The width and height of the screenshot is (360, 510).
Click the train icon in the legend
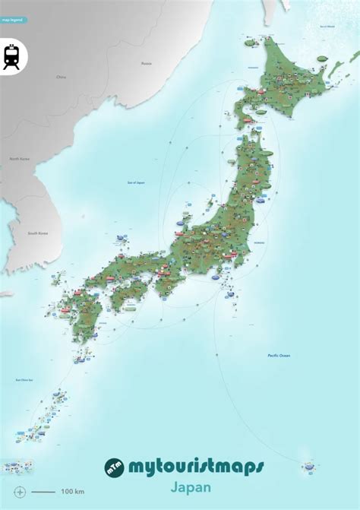[11, 56]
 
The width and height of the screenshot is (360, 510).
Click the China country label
[61, 77]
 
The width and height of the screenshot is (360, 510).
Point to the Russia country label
[146, 64]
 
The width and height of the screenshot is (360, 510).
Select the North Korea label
[19, 159]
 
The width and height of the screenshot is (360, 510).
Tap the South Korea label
[38, 233]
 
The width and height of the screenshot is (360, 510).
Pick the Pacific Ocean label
[279, 356]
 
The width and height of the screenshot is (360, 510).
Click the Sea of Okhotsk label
[327, 26]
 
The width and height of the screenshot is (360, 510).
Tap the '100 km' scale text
[73, 492]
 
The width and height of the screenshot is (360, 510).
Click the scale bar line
[43, 492]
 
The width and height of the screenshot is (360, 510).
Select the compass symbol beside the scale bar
[20, 492]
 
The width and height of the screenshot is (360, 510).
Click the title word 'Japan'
[191, 487]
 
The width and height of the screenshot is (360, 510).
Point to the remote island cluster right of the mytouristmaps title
[308, 465]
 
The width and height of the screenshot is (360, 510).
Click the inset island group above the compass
[17, 466]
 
